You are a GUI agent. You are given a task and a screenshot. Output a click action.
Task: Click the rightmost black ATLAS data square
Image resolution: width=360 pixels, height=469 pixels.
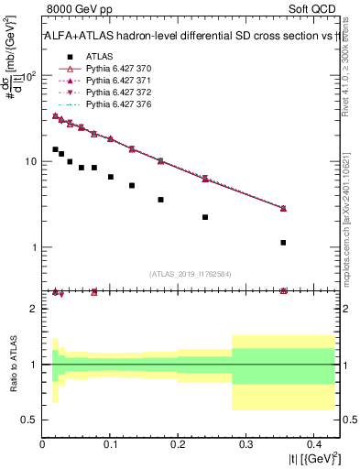tap(283, 243)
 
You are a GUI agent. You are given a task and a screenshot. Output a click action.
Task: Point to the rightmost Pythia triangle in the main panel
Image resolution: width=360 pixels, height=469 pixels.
tap(283, 208)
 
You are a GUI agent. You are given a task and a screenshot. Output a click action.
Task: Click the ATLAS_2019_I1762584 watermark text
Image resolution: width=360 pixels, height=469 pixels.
tap(191, 274)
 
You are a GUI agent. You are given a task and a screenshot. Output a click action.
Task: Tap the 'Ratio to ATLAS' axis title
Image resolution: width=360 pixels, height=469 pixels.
tap(13, 364)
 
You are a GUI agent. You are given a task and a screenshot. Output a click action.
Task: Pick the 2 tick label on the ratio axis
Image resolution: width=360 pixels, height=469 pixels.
tap(35, 309)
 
